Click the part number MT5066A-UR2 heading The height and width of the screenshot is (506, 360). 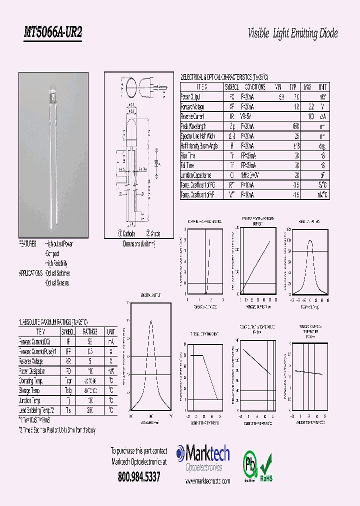53,33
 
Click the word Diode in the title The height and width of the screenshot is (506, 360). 327,34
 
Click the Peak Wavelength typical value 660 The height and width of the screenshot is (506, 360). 295,126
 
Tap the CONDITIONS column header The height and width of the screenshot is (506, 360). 253,86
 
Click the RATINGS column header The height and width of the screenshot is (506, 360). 90,331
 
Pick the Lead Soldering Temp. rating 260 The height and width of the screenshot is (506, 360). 90,410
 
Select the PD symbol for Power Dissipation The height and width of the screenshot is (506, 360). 67,371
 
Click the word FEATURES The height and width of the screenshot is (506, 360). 27,244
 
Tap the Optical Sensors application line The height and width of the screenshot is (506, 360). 57,283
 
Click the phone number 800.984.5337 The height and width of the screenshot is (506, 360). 139,477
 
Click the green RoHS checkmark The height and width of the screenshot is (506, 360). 266,463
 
